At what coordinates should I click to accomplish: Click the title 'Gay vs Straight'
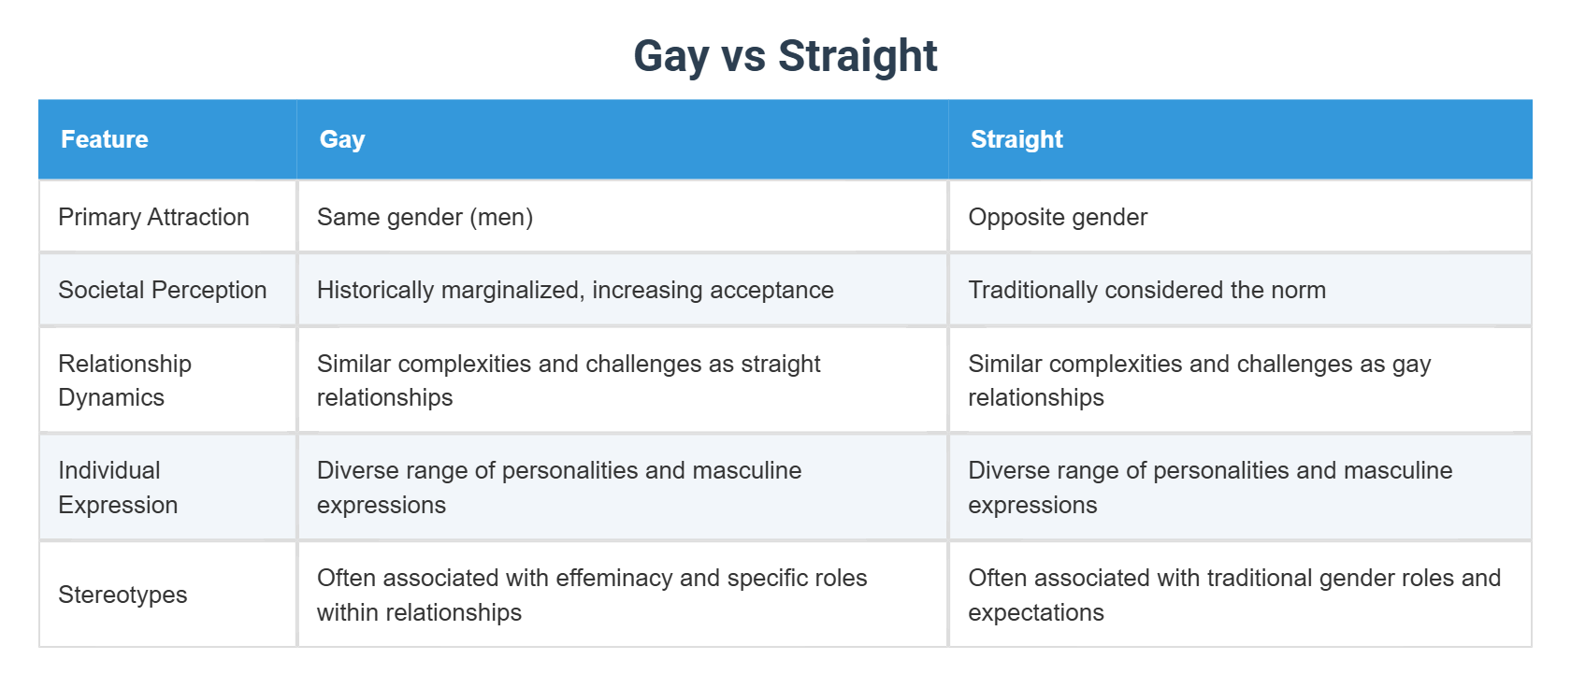click(785, 56)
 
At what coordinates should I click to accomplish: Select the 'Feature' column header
click(105, 139)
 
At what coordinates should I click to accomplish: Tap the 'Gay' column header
click(342, 139)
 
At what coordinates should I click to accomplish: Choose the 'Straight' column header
click(1016, 139)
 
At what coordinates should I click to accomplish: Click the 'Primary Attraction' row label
click(153, 217)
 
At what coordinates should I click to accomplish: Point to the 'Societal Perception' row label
click(162, 290)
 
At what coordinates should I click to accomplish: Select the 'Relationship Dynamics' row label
click(124, 380)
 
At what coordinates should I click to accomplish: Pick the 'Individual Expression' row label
click(118, 487)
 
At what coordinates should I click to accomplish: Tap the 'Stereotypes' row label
click(123, 595)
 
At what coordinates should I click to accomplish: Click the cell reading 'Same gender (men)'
click(425, 217)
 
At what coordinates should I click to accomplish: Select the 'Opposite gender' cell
click(1058, 217)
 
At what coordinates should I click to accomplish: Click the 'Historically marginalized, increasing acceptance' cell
click(575, 290)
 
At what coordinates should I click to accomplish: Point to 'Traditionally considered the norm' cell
click(1146, 290)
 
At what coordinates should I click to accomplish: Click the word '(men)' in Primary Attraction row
click(502, 217)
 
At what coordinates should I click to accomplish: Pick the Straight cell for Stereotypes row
click(1234, 595)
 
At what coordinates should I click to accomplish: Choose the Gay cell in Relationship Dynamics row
click(569, 380)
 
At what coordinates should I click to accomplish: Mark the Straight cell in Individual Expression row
click(1210, 487)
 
